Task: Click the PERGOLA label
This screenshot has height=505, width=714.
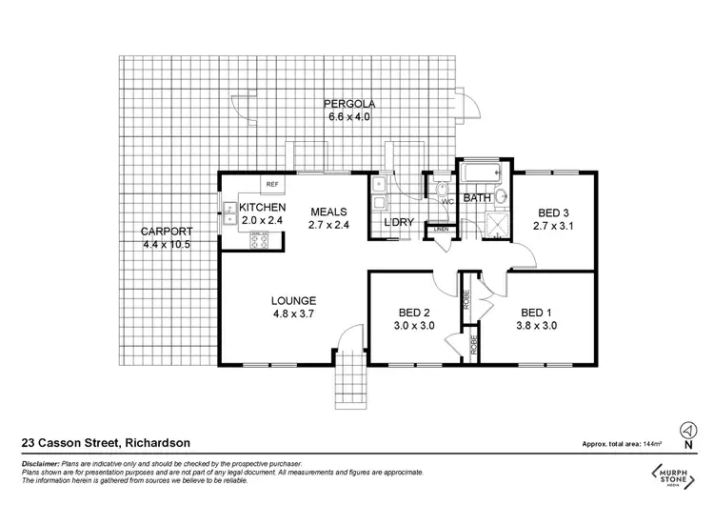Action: click(346, 103)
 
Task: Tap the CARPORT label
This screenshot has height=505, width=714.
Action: click(167, 232)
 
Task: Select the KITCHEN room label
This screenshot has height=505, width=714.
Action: click(263, 208)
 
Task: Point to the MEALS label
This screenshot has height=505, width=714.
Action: click(327, 212)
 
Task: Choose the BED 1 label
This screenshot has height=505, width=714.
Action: click(538, 313)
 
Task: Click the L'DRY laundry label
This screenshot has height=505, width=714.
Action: click(398, 222)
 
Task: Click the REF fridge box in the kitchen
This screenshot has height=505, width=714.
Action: click(271, 185)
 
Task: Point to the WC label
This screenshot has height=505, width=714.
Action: click(446, 202)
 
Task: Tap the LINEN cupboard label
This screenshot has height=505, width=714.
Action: click(441, 230)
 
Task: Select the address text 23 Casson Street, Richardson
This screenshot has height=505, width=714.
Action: click(105, 442)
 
